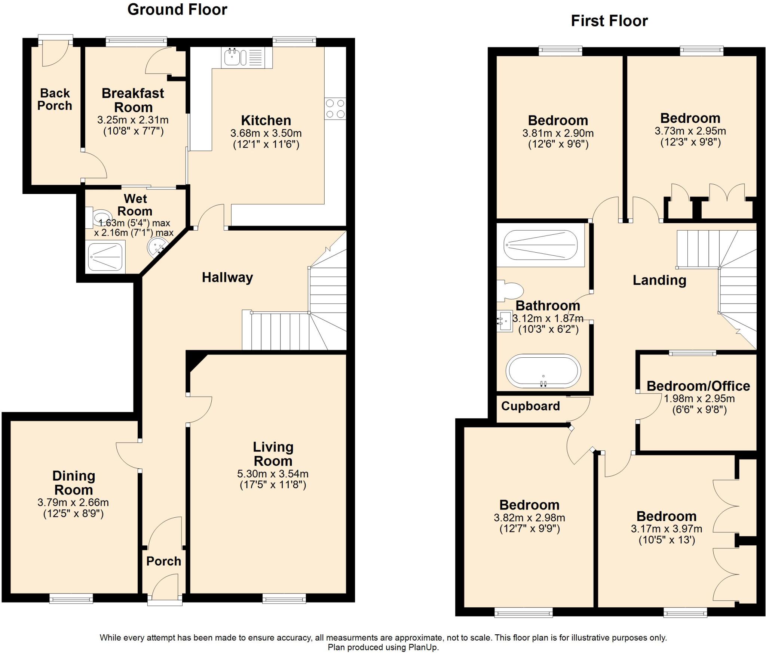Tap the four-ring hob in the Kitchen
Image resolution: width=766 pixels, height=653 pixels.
pyautogui.click(x=335, y=109)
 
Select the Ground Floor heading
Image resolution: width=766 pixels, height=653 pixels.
pyautogui.click(x=177, y=10)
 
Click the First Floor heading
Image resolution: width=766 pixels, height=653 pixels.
pyautogui.click(x=609, y=21)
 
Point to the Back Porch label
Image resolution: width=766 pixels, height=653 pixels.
pyautogui.click(x=55, y=99)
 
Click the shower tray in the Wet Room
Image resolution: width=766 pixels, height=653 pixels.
pyautogui.click(x=105, y=257)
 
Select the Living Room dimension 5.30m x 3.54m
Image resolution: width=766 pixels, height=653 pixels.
pyautogui.click(x=273, y=474)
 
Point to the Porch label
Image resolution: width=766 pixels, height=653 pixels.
pyautogui.click(x=163, y=561)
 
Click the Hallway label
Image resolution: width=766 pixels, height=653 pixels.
pyautogui.click(x=227, y=277)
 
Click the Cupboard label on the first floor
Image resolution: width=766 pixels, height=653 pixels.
pyautogui.click(x=530, y=406)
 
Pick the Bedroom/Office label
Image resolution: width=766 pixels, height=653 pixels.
pyautogui.click(x=698, y=386)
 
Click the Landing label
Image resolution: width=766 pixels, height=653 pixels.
pyautogui.click(x=659, y=280)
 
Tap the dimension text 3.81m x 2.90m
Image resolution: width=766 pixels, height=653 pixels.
pyautogui.click(x=558, y=133)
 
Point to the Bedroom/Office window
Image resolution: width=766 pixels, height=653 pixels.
pyautogui.click(x=692, y=352)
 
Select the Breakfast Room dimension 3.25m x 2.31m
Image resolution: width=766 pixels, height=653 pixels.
pyautogui.click(x=133, y=120)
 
